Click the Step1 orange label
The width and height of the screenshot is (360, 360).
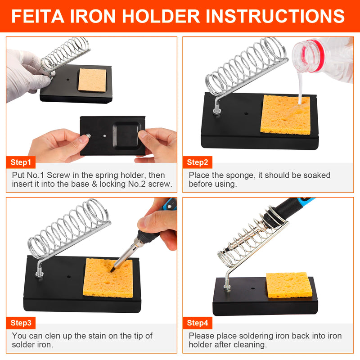pyautogui.click(x=21, y=162)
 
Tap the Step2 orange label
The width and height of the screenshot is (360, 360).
pyautogui.click(x=198, y=162)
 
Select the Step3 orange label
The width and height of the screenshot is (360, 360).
pyautogui.click(x=21, y=323)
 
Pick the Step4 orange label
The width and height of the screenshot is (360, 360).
pyautogui.click(x=198, y=323)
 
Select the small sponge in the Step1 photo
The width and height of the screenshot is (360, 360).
pyautogui.click(x=92, y=79)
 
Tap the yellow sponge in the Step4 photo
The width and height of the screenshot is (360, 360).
pyautogui.click(x=289, y=284)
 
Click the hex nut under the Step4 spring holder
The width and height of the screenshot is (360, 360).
pyautogui.click(x=227, y=287)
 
